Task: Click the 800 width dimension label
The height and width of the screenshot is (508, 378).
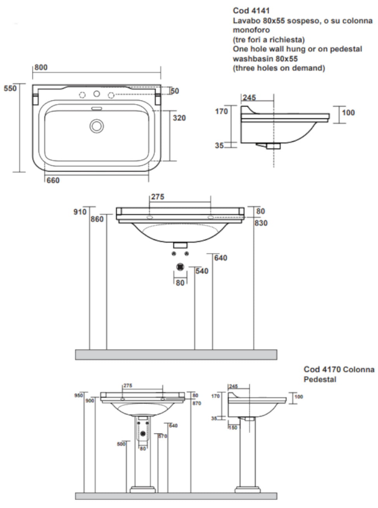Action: point(41,67)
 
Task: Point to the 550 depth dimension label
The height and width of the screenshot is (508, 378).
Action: point(10,88)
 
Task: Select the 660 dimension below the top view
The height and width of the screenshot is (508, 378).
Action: point(53,180)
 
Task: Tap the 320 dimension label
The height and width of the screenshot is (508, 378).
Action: point(179,118)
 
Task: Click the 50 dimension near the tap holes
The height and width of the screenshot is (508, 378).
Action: point(175,91)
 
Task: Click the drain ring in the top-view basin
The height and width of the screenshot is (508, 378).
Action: point(97,126)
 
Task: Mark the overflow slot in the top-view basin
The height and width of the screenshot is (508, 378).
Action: point(97,109)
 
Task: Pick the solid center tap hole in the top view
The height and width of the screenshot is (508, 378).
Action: point(97,94)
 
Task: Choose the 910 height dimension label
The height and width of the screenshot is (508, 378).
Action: point(80,212)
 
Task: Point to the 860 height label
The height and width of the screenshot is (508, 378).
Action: point(97,219)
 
